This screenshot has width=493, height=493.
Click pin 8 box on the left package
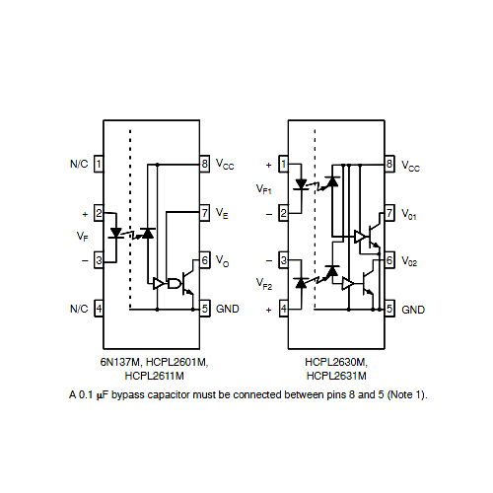tap(205, 164)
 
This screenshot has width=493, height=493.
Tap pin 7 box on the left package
tap(205, 213)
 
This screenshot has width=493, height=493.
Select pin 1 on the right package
tap(283, 164)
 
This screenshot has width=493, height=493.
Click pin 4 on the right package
tap(283, 309)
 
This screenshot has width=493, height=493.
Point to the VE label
tap(222, 213)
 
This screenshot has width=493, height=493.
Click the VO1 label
tap(409, 214)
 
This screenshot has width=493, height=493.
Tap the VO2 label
tap(409, 261)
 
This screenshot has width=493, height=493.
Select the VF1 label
tap(264, 189)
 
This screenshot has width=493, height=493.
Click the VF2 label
tap(264, 283)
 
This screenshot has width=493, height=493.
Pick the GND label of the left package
tap(228, 309)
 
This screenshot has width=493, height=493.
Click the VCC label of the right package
tap(410, 166)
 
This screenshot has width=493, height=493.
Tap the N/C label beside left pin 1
tap(79, 164)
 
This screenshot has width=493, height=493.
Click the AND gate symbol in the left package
tap(175, 283)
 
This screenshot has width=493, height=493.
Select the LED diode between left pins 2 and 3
tap(115, 233)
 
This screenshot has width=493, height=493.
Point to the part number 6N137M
tap(121, 362)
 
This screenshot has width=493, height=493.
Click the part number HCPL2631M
tap(336, 376)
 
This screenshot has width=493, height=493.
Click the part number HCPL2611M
tap(154, 376)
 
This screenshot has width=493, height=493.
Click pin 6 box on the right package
tap(389, 260)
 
